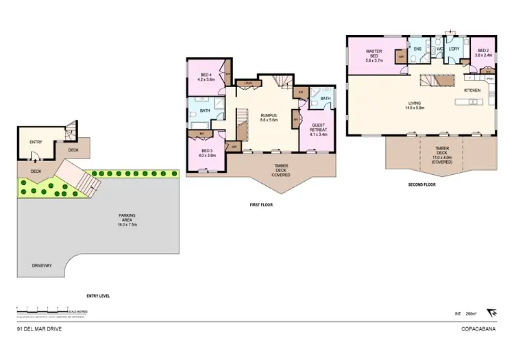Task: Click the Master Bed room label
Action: pyautogui.click(x=374, y=54)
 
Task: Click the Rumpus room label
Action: pyautogui.click(x=267, y=118)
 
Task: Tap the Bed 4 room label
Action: pyautogui.click(x=206, y=77)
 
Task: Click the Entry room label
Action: pyautogui.click(x=36, y=142)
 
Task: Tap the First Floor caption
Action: pyautogui.click(x=264, y=204)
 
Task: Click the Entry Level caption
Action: pyautogui.click(x=98, y=296)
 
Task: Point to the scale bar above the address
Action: pyautogui.click(x=41, y=311)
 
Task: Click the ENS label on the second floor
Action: pyautogui.click(x=417, y=49)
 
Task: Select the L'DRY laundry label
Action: pyautogui.click(x=454, y=49)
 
